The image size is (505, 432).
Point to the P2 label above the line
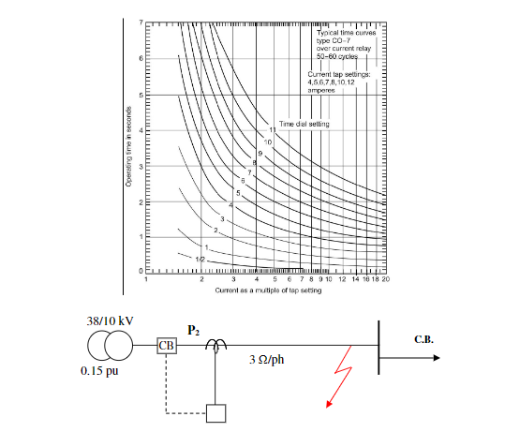click(193, 330)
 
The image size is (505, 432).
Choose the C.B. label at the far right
click(424, 339)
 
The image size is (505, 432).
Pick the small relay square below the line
click(216, 411)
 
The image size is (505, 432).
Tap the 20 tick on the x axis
click(385, 279)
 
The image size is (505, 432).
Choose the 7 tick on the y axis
click(140, 22)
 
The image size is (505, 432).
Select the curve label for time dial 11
click(274, 127)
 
